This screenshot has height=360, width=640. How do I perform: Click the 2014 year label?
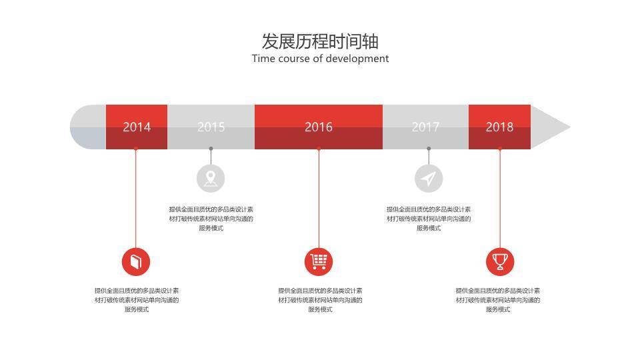point(137,127)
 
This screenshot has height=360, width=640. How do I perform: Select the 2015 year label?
point(211,127)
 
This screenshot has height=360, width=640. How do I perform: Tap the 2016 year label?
point(319,127)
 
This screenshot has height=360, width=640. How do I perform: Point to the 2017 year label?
point(425,127)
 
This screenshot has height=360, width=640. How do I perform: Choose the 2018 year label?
point(499,127)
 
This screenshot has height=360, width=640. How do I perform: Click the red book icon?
point(136,261)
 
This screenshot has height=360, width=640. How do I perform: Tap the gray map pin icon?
point(211,178)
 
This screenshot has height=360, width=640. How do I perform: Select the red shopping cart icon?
point(319,261)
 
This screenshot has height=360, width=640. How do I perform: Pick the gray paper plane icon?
point(429,178)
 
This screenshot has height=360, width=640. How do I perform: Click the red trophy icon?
point(499,261)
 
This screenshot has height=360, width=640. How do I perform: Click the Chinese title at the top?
point(320,41)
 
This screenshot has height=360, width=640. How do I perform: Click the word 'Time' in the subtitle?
point(263,59)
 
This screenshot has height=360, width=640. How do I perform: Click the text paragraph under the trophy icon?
point(498,300)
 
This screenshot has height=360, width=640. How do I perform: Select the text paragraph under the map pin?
point(211,219)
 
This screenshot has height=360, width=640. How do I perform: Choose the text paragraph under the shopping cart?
point(320,300)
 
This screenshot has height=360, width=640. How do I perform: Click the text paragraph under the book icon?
point(137,300)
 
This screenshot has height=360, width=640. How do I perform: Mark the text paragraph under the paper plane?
point(429,219)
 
